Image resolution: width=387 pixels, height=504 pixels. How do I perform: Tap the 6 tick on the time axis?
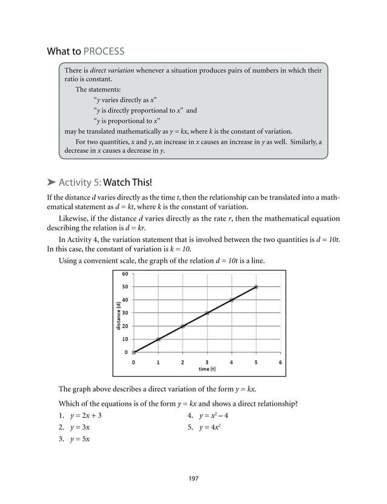(x=280, y=362)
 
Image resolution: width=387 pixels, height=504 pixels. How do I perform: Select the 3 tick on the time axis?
(x=207, y=362)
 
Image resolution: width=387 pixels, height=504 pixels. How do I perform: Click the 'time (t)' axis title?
(x=207, y=369)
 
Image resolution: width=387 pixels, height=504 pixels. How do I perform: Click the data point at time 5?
(x=256, y=287)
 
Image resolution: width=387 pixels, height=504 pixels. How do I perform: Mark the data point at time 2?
(x=183, y=326)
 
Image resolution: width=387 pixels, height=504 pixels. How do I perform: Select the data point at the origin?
(x=134, y=352)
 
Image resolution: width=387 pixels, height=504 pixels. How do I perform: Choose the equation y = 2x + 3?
(x=85, y=416)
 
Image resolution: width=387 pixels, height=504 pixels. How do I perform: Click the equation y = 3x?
(x=80, y=428)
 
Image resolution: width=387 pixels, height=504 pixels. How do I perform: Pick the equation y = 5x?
(x=80, y=440)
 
